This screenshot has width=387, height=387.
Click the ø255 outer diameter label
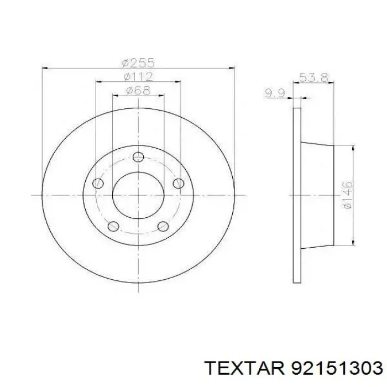tap(138, 63)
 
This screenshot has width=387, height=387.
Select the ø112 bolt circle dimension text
tap(138, 76)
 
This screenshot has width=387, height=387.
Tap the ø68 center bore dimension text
tap(138, 90)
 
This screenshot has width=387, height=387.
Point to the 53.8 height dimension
tap(313, 77)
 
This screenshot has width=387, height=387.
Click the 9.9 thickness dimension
tap(275, 93)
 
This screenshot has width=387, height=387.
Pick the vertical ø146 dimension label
tap(348, 195)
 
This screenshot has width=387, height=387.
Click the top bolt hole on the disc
tap(138, 156)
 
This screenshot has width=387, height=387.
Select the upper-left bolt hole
tap(98, 184)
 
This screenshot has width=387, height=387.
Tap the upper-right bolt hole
tap(179, 184)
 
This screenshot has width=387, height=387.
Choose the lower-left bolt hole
tap(113, 226)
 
